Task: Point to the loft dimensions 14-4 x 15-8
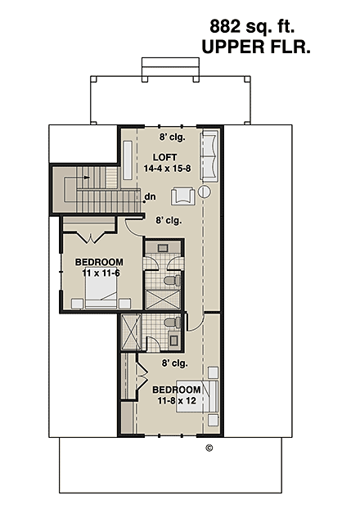(x=167, y=168)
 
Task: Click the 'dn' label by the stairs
(x=151, y=197)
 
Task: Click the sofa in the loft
(x=209, y=156)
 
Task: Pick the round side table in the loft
(x=205, y=192)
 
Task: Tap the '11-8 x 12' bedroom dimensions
(x=177, y=401)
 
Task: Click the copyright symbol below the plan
(x=209, y=447)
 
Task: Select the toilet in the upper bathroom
(x=171, y=280)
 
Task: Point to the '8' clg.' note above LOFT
(x=172, y=137)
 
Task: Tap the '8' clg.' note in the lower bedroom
(x=175, y=363)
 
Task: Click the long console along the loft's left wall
(x=128, y=160)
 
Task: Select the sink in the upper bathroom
(x=160, y=247)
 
